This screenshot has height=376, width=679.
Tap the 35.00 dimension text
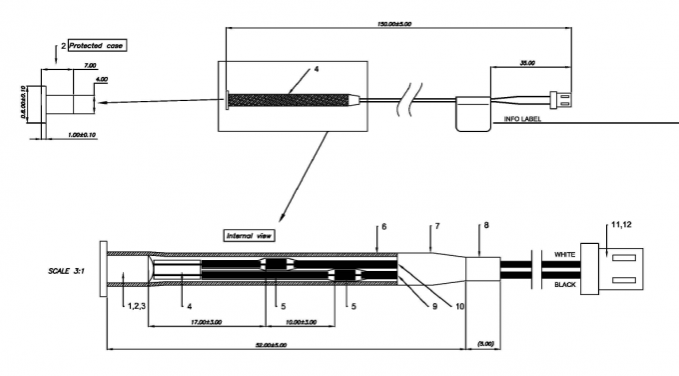pos(527,62)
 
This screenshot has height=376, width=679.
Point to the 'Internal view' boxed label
pos(250,236)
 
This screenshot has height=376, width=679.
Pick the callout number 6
pos(382,228)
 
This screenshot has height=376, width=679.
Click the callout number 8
pos(485,227)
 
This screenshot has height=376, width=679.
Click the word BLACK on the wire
pos(565,284)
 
